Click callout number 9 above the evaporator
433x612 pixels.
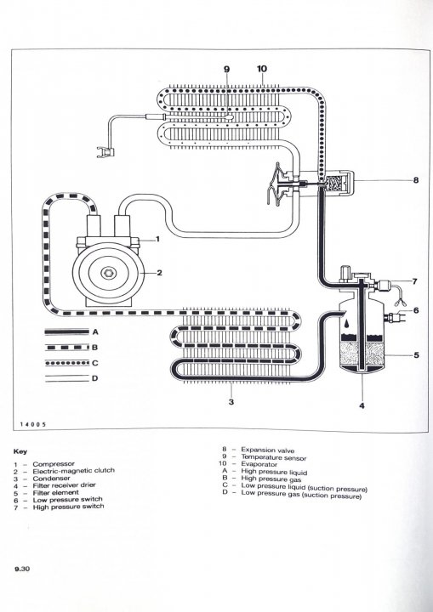click(226, 69)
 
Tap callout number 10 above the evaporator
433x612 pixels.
click(262, 69)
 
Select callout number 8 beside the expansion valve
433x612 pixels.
click(416, 180)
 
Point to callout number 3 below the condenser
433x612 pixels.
click(231, 401)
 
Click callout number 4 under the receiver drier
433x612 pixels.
click(362, 406)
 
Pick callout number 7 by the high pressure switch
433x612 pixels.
click(414, 281)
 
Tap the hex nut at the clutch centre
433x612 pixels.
click(106, 273)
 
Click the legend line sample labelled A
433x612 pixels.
click(67, 331)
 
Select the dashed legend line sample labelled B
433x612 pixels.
click(67, 347)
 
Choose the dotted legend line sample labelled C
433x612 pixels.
click(67, 363)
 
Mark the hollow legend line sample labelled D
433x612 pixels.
click(67, 378)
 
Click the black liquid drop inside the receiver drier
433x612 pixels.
click(348, 324)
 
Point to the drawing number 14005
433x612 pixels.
click(33, 424)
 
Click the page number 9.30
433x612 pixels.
click(22, 569)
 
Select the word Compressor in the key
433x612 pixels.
click(54, 464)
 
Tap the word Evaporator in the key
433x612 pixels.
click(259, 464)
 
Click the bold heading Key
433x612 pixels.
click(20, 451)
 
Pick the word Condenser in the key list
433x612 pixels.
click(52, 479)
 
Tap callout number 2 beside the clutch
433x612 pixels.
click(159, 273)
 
